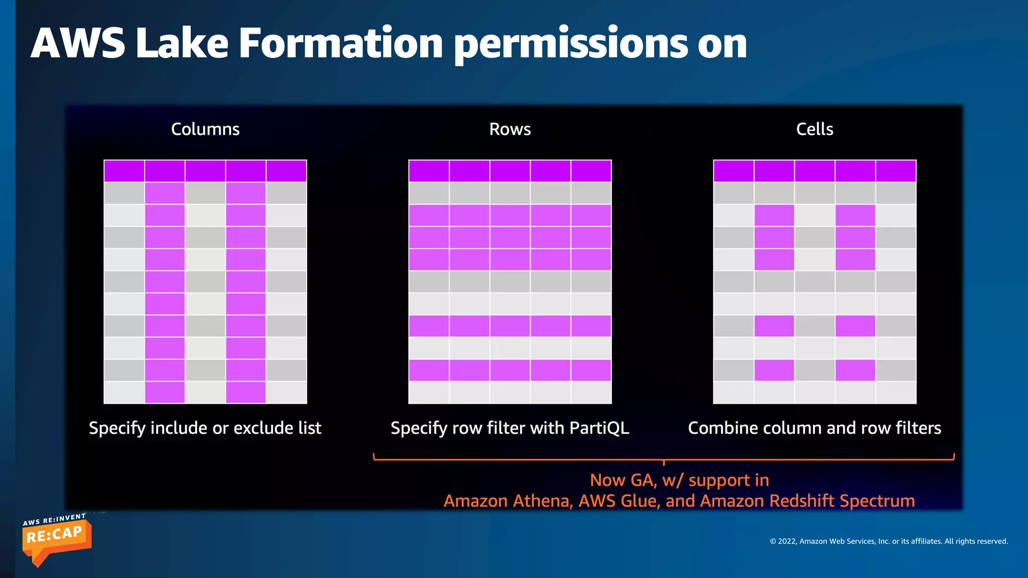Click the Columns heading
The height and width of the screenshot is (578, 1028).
click(205, 129)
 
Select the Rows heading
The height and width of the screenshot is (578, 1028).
click(510, 129)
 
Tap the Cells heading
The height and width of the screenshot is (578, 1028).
click(815, 129)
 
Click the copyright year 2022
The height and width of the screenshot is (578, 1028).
click(787, 541)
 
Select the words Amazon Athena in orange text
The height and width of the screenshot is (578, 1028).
click(507, 501)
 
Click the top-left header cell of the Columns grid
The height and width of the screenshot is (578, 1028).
click(124, 171)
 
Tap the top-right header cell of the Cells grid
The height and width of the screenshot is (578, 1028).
click(896, 171)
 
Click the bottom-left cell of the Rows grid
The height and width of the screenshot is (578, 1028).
click(429, 392)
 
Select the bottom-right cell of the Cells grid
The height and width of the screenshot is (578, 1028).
click(896, 392)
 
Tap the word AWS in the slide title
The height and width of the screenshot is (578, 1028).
click(78, 44)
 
